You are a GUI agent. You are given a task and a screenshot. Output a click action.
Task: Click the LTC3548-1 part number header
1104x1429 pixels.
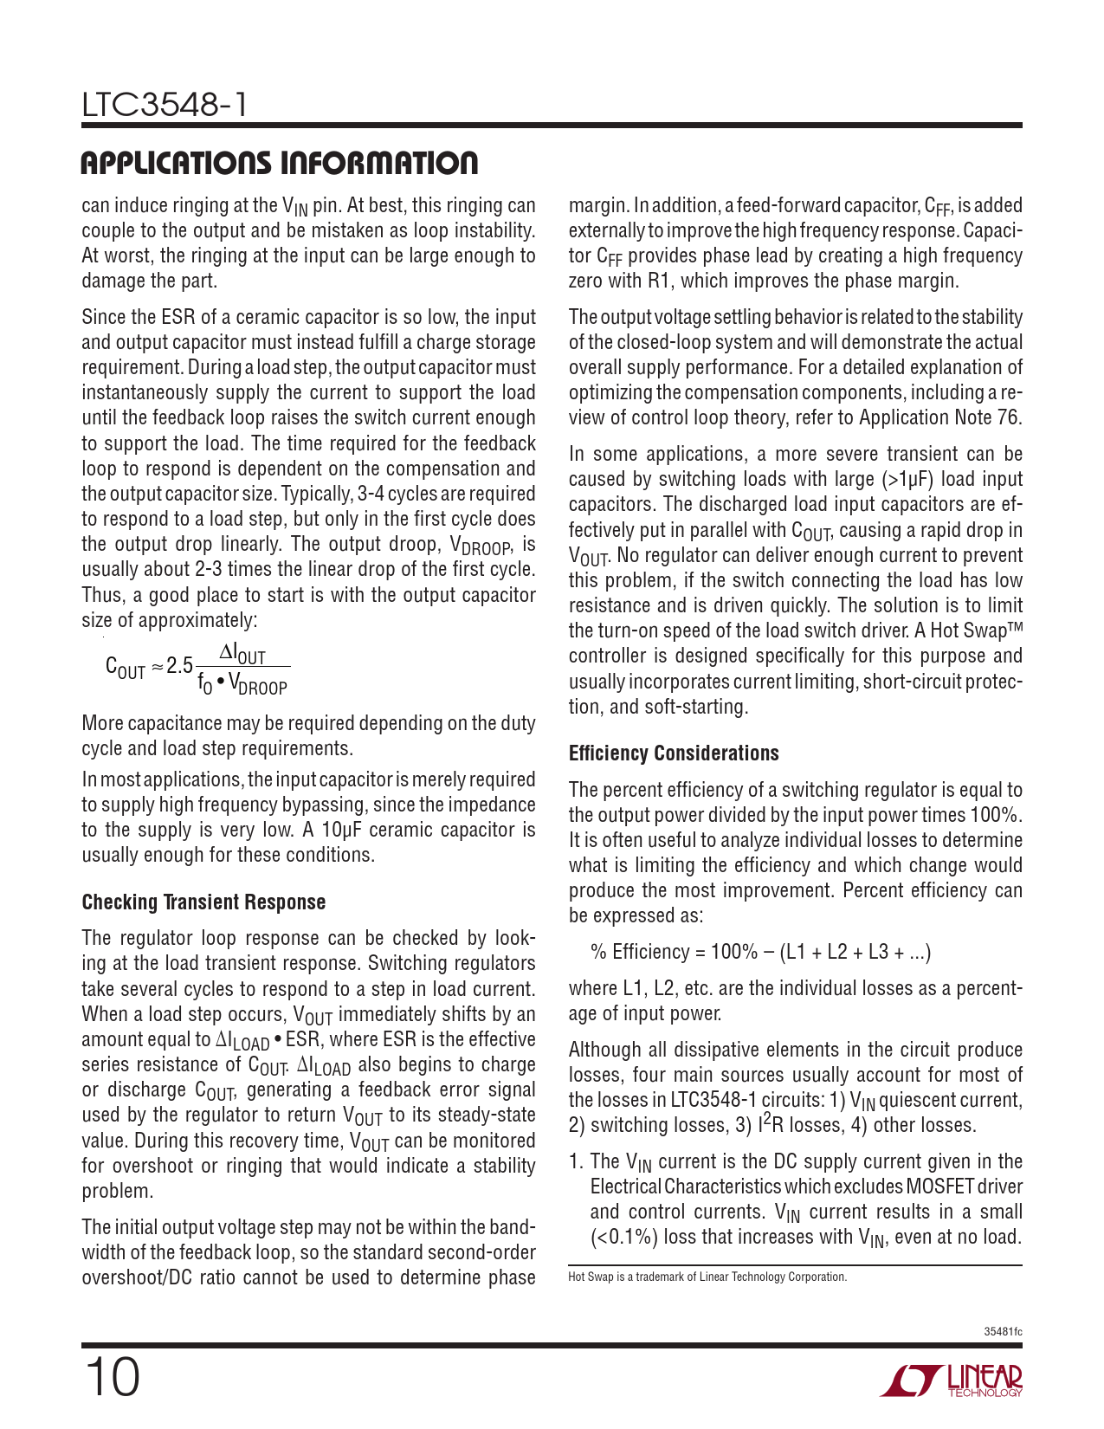click(165, 106)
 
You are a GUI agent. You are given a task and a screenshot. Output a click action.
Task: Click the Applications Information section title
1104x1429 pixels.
click(279, 163)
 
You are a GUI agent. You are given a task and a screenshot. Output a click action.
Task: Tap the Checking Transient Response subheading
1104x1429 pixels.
click(203, 902)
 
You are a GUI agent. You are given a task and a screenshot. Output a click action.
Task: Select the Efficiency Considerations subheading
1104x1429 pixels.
click(674, 753)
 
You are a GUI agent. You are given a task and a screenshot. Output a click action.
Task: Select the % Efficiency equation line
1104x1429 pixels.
click(761, 952)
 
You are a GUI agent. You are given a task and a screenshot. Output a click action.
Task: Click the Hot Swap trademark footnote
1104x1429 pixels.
click(707, 1277)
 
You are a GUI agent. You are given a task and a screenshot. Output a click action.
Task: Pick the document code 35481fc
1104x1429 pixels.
click(1003, 1331)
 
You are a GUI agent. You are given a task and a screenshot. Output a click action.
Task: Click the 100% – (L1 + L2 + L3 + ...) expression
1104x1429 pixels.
click(821, 952)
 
